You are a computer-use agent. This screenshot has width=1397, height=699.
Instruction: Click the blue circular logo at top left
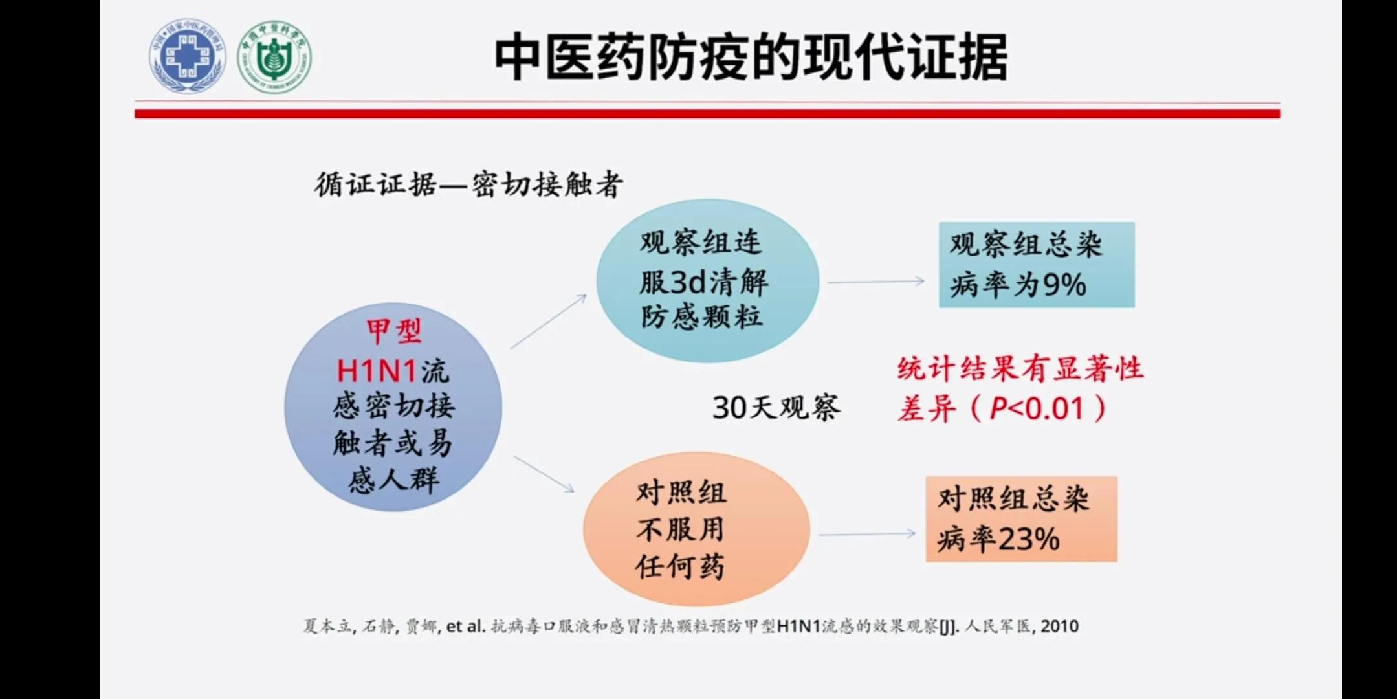tap(188, 56)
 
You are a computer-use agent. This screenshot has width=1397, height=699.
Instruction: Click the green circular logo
tap(274, 57)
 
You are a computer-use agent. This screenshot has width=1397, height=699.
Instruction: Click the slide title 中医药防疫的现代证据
tap(750, 58)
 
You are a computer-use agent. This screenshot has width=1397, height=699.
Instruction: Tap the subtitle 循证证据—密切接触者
tap(468, 185)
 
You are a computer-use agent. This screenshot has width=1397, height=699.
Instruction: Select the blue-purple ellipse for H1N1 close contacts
tap(393, 408)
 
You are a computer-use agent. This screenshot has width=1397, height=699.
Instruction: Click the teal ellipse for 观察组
tap(707, 280)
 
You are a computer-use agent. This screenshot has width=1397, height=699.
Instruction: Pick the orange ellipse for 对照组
tap(696, 529)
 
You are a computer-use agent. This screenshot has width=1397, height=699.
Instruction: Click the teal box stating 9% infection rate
tap(1036, 265)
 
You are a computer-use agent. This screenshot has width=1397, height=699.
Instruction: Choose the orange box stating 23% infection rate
tap(1021, 519)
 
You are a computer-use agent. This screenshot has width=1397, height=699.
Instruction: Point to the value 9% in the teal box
tap(1064, 285)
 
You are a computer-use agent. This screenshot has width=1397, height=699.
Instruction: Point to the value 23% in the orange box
tap(1028, 539)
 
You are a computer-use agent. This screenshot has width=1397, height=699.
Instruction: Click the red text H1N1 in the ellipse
tap(376, 372)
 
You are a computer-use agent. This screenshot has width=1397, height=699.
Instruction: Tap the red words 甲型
tap(393, 332)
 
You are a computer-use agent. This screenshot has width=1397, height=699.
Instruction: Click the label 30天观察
tap(776, 408)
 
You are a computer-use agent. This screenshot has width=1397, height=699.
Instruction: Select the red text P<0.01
tap(1036, 409)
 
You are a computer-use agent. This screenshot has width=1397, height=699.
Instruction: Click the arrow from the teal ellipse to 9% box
tap(876, 282)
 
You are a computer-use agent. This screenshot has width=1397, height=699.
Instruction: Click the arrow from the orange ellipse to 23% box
tap(867, 535)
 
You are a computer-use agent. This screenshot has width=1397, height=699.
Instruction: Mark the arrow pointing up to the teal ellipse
tap(548, 322)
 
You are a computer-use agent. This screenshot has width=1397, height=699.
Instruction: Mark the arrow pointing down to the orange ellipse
tap(544, 474)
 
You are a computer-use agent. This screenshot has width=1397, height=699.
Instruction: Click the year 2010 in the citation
tap(1059, 627)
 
